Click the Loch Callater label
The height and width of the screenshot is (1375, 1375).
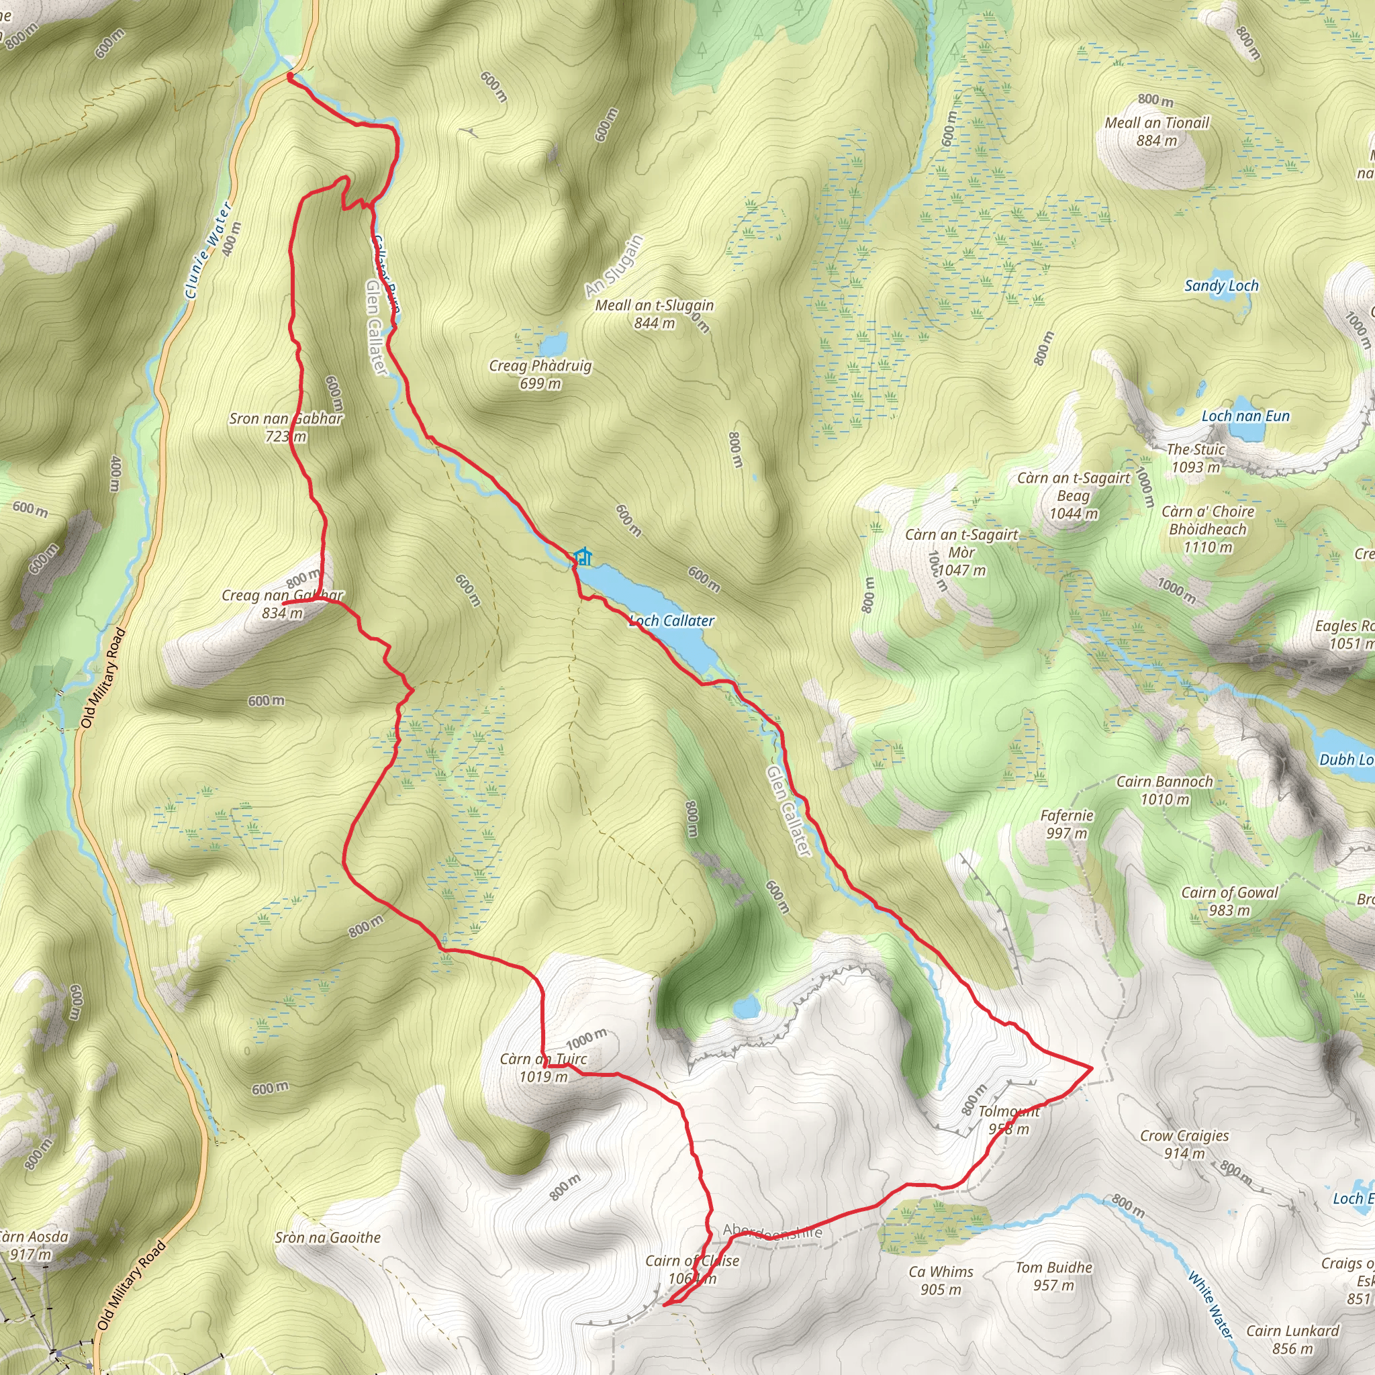tap(672, 620)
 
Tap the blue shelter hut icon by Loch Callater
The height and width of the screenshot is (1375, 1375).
tap(583, 556)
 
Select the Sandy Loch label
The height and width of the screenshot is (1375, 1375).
tap(1221, 286)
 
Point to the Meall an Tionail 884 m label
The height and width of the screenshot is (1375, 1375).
tap(1157, 132)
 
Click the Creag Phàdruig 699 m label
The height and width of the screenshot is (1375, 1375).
tap(540, 375)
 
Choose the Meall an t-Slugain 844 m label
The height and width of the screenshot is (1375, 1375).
tap(654, 314)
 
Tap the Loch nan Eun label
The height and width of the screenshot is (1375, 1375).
tap(1245, 416)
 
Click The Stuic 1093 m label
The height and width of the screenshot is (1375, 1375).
tap(1196, 459)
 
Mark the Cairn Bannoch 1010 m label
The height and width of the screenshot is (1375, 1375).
tap(1164, 790)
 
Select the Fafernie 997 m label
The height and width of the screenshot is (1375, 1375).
tap(1067, 824)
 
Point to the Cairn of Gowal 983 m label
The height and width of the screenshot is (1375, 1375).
tap(1230, 901)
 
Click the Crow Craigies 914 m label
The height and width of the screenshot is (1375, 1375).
tap(1184, 1145)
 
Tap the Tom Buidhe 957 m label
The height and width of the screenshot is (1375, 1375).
tap(1053, 1276)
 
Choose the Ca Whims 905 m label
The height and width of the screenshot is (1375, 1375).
tap(941, 1280)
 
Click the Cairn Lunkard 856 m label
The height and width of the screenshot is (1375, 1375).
tap(1292, 1339)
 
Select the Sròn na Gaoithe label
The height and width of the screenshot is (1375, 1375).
tap(328, 1237)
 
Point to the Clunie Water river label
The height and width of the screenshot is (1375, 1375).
tap(208, 250)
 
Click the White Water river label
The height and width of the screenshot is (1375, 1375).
tap(1209, 1305)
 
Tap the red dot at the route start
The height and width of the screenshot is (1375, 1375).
tap(290, 75)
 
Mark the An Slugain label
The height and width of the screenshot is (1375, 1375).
tap(614, 266)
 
